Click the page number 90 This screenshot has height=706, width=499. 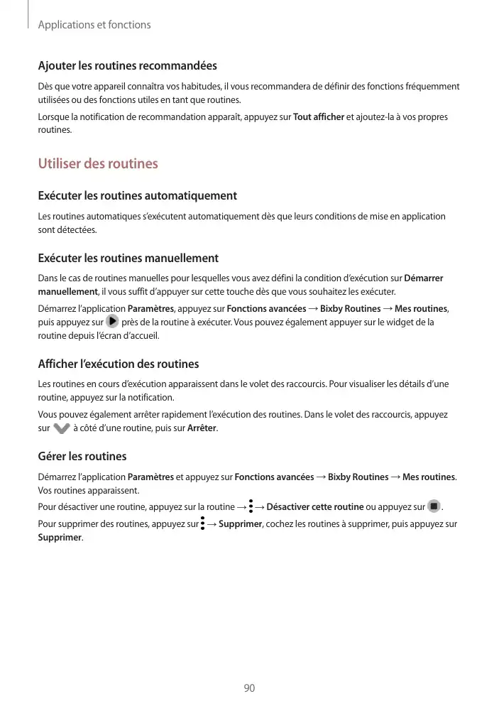tap(249, 688)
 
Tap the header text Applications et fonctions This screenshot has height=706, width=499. tap(94, 25)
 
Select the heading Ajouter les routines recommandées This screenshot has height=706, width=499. tap(127, 66)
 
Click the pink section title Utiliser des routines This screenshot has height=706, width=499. tap(98, 164)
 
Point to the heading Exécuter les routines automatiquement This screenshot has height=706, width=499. tap(137, 195)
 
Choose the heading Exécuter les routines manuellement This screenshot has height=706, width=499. tap(128, 259)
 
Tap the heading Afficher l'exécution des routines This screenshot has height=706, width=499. tap(118, 364)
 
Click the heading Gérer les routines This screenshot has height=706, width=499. tap(82, 456)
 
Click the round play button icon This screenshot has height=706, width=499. tap(112, 322)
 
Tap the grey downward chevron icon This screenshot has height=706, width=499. tap(62, 428)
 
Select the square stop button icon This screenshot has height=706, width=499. tap(433, 506)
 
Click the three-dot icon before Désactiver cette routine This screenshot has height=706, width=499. tap(251, 506)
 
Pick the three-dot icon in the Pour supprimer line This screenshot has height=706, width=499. tap(202, 524)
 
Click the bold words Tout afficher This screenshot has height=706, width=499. tap(319, 116)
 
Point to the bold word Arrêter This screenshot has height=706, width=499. tap(202, 428)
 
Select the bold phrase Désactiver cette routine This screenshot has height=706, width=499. tap(315, 506)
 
